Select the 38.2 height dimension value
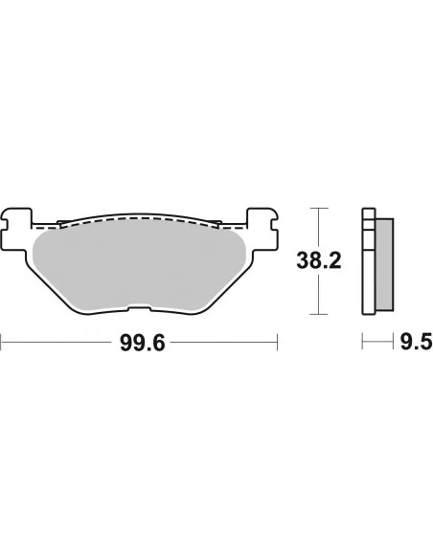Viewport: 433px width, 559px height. [x=317, y=259]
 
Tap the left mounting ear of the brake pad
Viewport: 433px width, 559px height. [x=18, y=225]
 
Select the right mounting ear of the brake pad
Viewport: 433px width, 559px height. [x=262, y=225]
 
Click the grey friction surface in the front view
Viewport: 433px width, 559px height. [x=140, y=263]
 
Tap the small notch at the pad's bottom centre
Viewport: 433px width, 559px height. [x=140, y=308]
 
